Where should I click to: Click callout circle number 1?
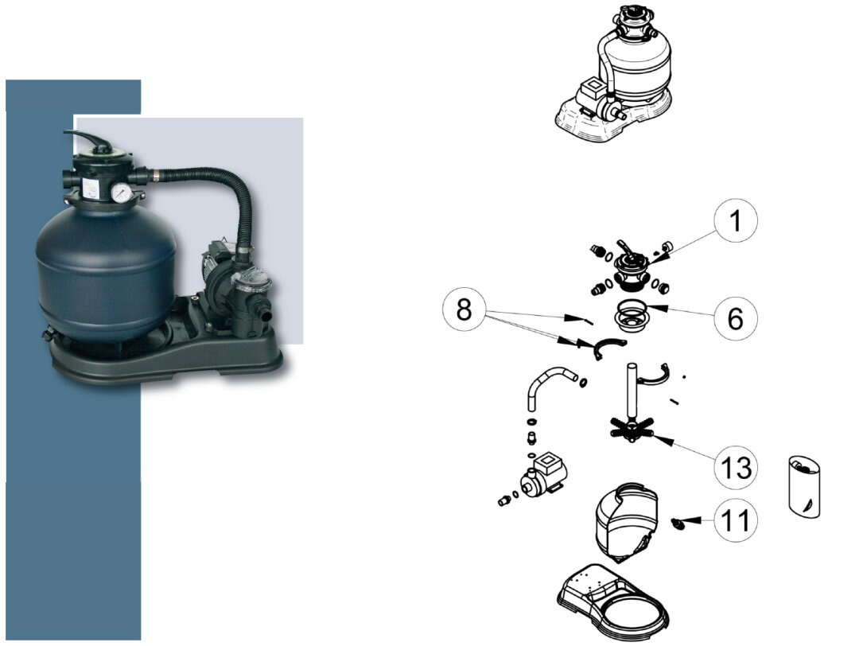(x=736, y=220)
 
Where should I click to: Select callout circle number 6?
(x=736, y=317)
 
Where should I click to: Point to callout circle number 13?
(x=736, y=467)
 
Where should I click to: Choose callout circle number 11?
(x=736, y=520)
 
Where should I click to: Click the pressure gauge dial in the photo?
(x=120, y=193)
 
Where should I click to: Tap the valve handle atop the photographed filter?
(x=91, y=140)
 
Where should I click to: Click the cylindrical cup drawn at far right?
(x=804, y=487)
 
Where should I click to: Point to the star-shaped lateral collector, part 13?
(x=632, y=428)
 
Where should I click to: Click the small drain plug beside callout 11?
(x=678, y=524)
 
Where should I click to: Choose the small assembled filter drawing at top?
(x=612, y=74)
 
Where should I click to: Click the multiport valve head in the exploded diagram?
(x=631, y=267)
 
